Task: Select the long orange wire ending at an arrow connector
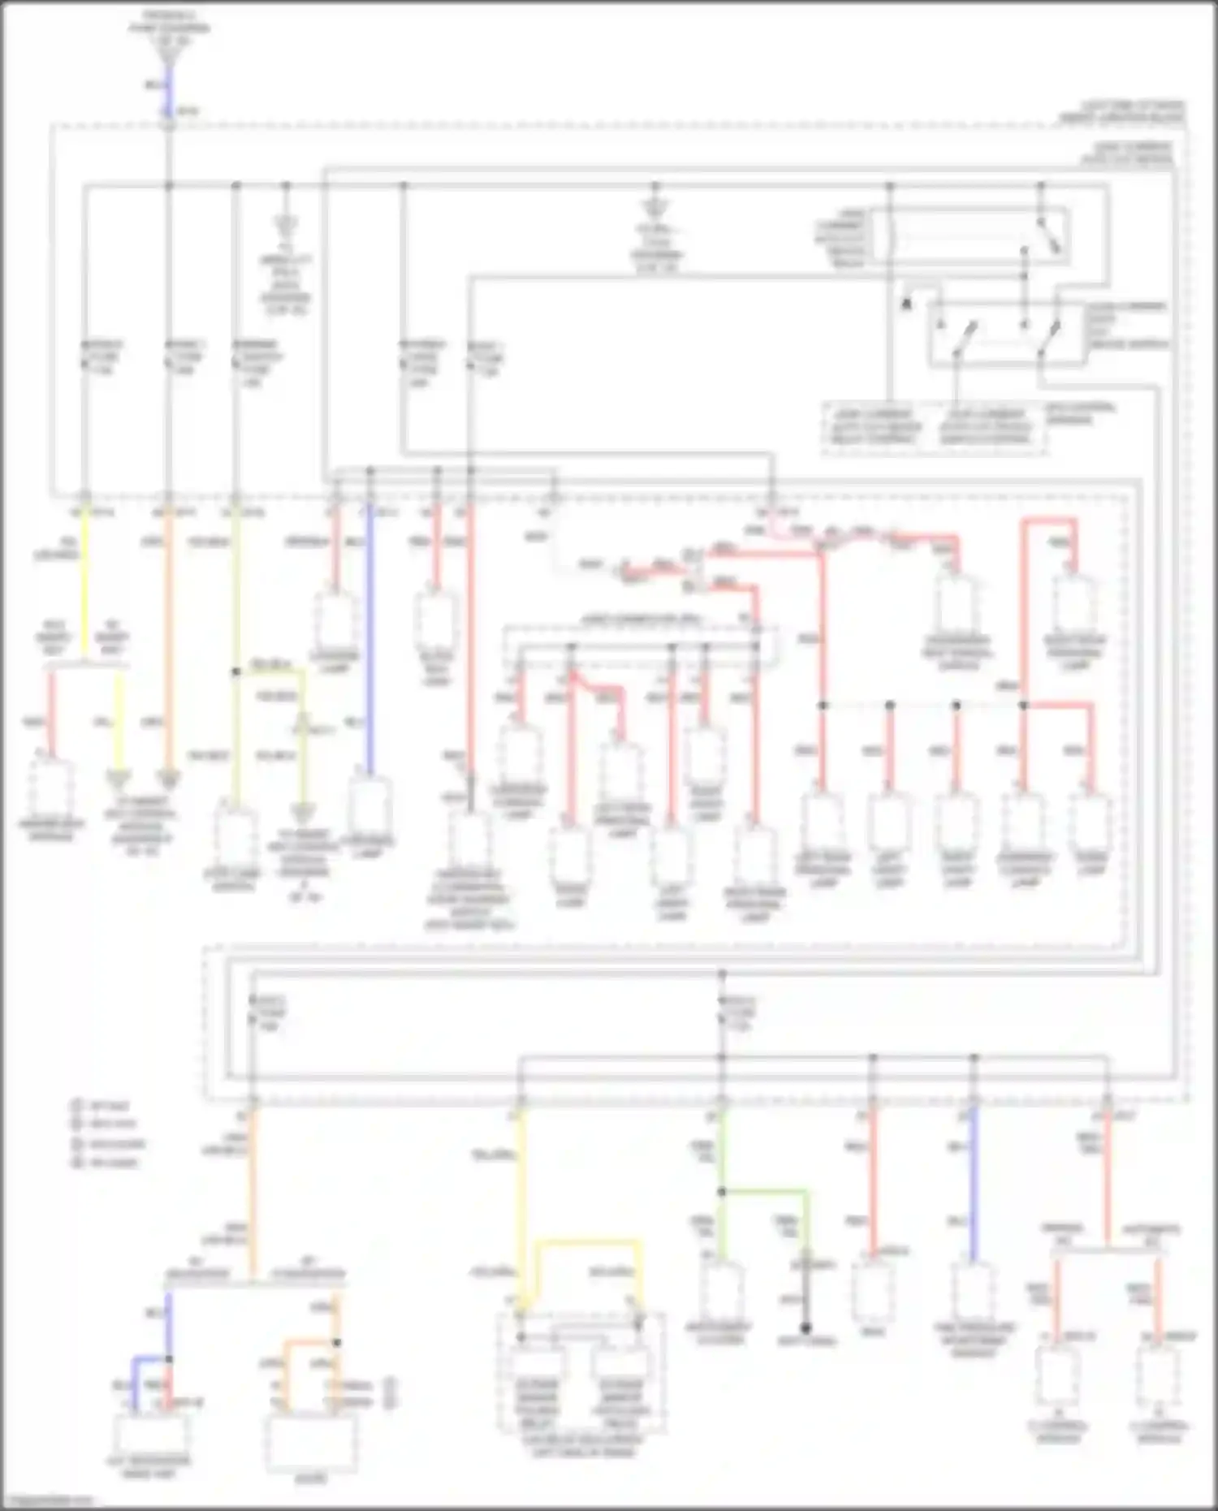click(168, 641)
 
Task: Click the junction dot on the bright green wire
click(722, 1192)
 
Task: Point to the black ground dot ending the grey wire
click(806, 1329)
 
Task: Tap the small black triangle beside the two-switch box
click(906, 304)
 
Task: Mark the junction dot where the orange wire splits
click(336, 1341)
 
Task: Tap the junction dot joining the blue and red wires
click(169, 1358)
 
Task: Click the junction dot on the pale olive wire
click(236, 672)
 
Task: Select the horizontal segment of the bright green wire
click(764, 1192)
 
